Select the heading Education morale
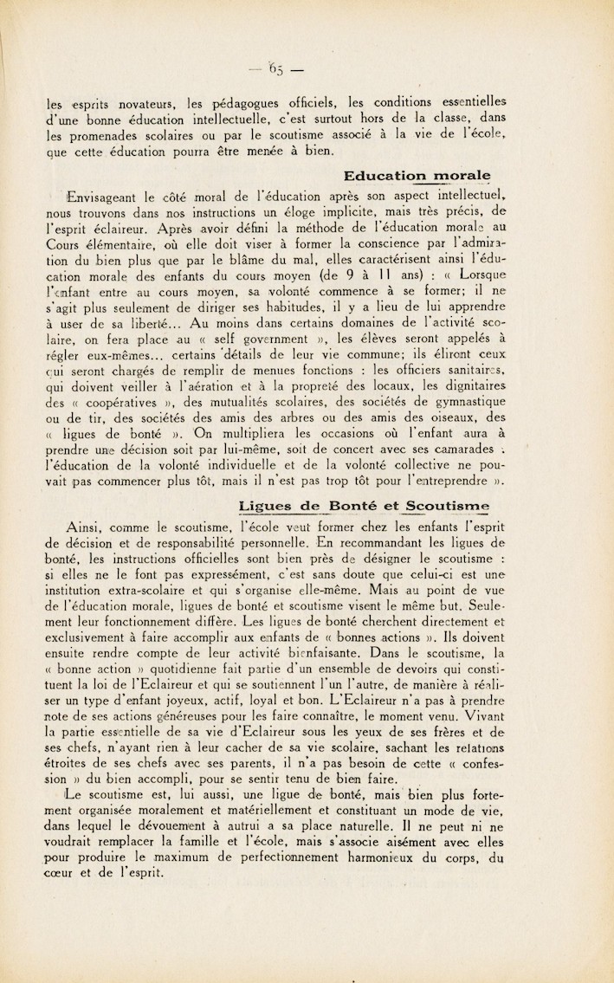coord(417,176)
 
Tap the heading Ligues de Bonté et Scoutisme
coord(363,506)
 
